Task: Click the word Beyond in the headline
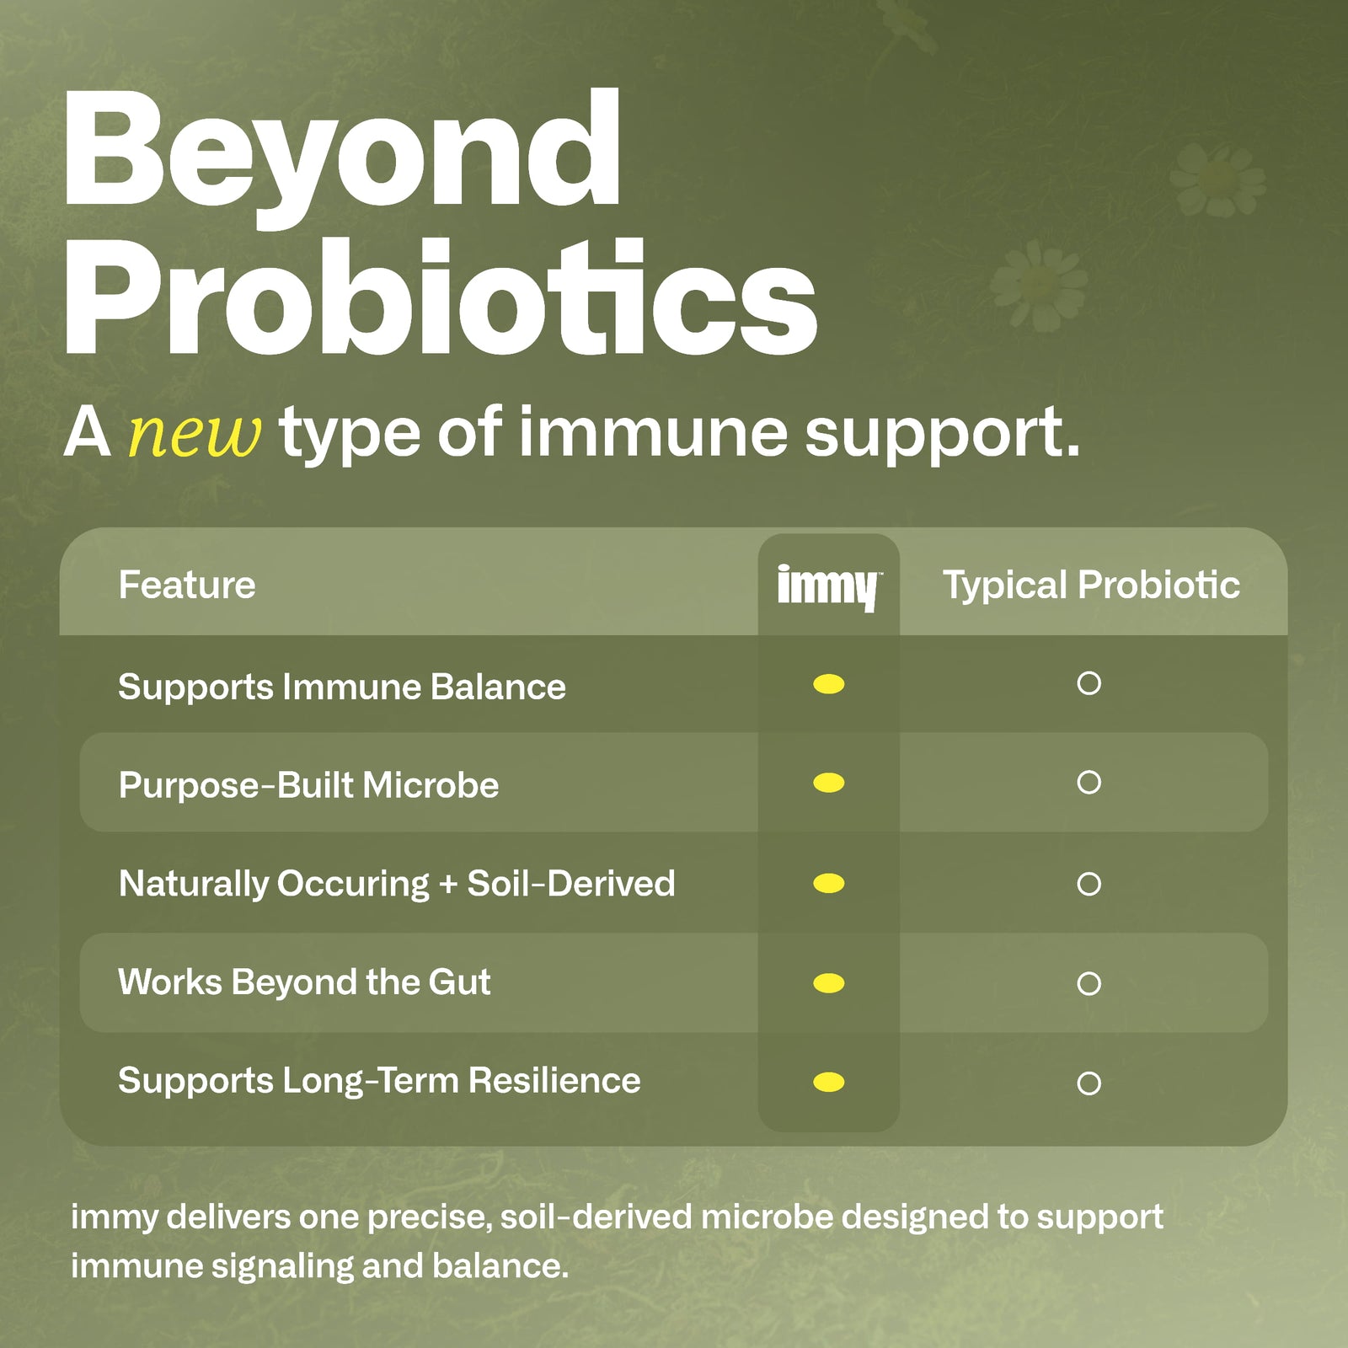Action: click(341, 152)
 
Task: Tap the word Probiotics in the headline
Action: click(440, 299)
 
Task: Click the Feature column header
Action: click(187, 585)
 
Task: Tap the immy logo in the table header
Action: click(828, 586)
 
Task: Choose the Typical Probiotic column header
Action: click(1091, 585)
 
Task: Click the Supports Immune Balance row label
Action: click(341, 687)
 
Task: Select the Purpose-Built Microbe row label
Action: click(308, 785)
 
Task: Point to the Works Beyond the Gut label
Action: click(304, 982)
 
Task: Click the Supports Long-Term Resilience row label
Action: click(379, 1081)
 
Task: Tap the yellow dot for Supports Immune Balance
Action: click(829, 684)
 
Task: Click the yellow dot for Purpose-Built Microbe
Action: click(829, 784)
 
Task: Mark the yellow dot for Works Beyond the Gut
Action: click(829, 983)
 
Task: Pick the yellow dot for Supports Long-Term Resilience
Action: click(829, 1082)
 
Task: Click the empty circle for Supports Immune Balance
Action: click(1089, 683)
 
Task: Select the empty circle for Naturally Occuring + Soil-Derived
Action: click(1089, 884)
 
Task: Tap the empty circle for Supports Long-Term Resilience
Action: click(1089, 1083)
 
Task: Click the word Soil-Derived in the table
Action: click(571, 884)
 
